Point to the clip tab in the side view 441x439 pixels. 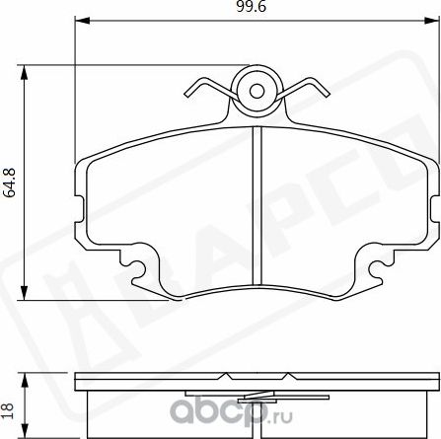tap(257, 377)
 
